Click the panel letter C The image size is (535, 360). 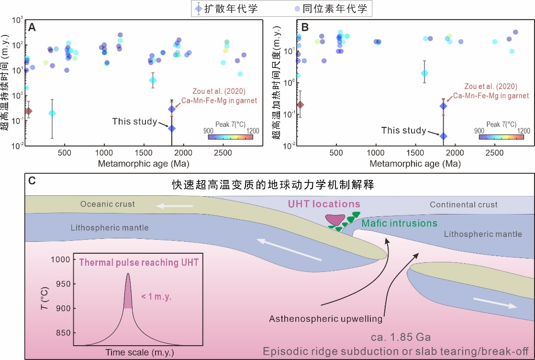[x=32, y=181]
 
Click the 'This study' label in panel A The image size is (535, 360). [x=134, y=122]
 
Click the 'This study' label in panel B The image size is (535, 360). [x=404, y=130]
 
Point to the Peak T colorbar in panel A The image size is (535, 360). [x=230, y=136]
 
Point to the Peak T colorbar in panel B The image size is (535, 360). [x=501, y=136]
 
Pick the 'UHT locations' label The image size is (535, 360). [x=323, y=204]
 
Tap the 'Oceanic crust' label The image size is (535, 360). [x=108, y=204]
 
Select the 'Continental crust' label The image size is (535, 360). [x=463, y=205]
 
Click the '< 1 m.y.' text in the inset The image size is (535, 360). [x=156, y=297]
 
